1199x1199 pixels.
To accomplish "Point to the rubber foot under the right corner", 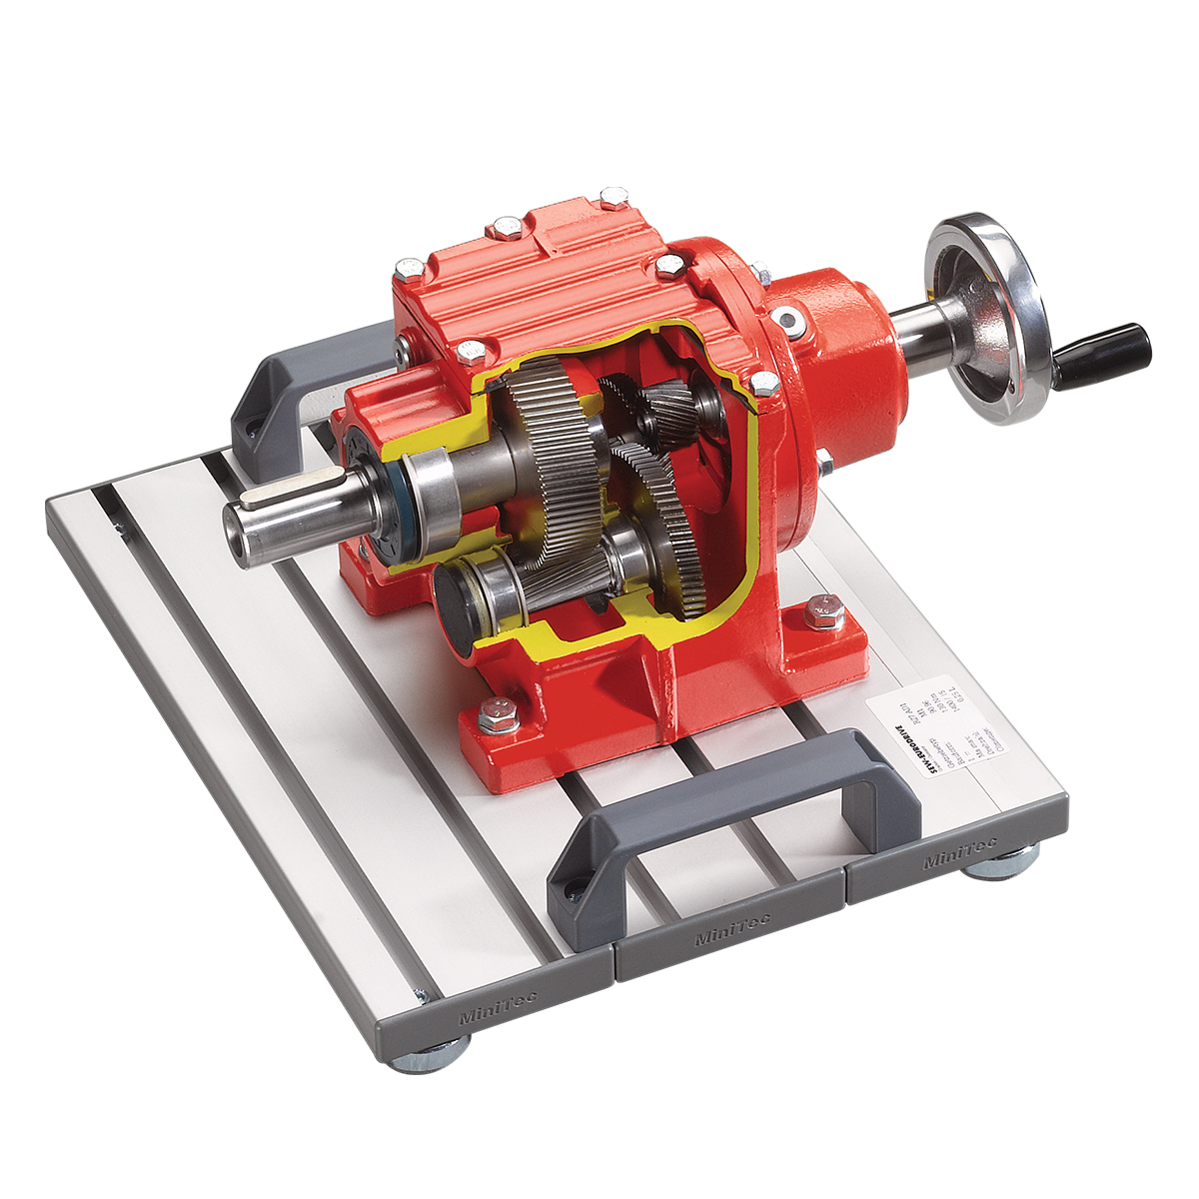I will [1003, 864].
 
